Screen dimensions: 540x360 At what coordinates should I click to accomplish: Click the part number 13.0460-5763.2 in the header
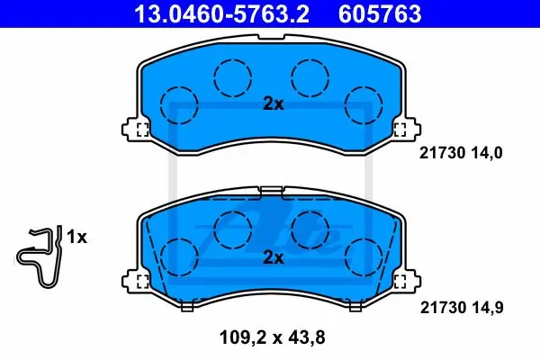pos(221,13)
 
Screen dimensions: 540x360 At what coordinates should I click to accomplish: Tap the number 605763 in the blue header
pos(380,13)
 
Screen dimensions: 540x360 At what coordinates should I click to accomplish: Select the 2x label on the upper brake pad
pos(274,103)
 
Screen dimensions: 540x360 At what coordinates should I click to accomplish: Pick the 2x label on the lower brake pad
pos(274,257)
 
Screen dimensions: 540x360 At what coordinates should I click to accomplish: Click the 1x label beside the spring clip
pos(76,237)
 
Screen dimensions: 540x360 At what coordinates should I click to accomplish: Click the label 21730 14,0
pos(461,153)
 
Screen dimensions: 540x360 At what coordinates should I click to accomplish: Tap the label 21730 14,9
pos(462,307)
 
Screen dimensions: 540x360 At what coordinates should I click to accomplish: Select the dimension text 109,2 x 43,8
pos(272,338)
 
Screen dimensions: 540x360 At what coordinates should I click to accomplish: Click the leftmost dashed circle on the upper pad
pos(179,105)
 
